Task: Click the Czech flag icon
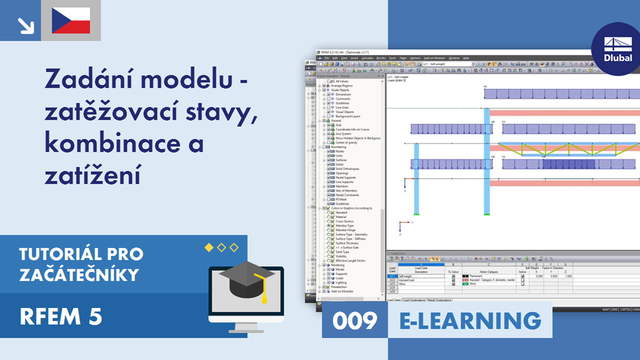(71, 21)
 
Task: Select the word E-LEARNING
(470, 320)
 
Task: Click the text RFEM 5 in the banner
(61, 317)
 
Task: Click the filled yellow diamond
(209, 248)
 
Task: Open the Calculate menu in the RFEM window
(367, 57)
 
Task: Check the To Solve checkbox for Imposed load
(453, 280)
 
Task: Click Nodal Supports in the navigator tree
(346, 177)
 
